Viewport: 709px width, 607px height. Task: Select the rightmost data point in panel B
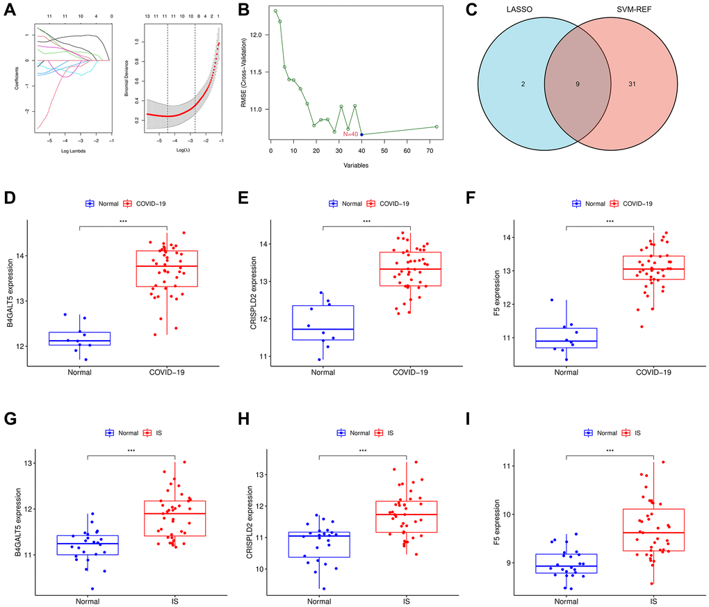436,127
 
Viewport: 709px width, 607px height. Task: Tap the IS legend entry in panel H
391,432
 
